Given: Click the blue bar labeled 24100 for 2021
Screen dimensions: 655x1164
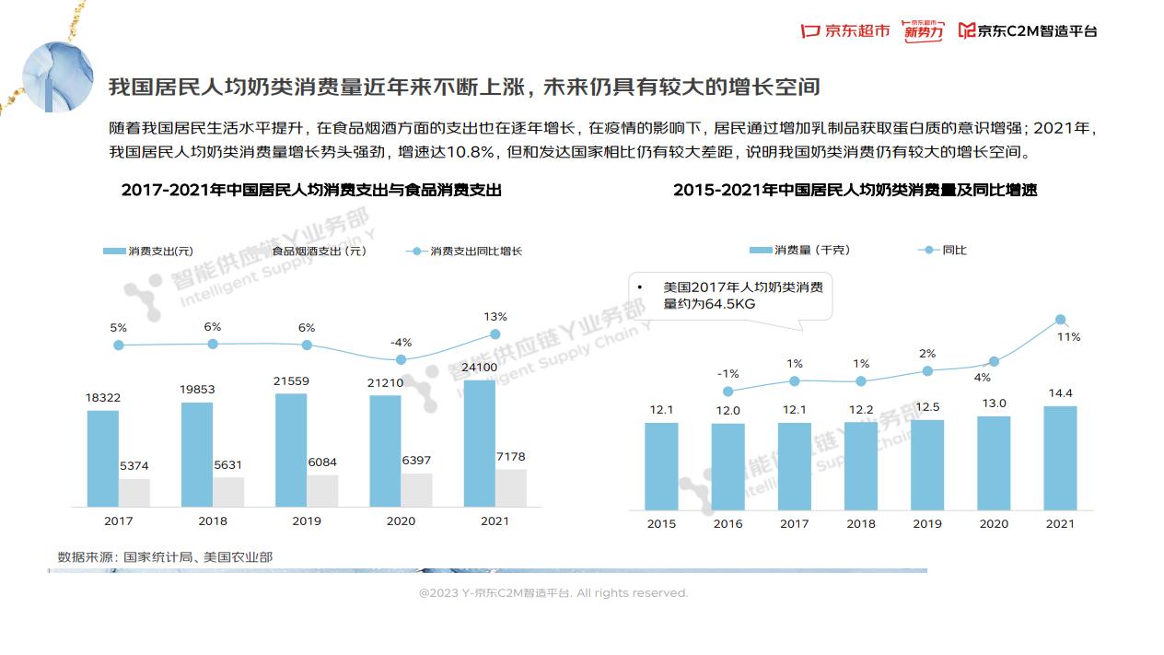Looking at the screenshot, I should pos(480,443).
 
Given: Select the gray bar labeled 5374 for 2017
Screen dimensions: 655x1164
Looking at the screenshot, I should pos(134,492).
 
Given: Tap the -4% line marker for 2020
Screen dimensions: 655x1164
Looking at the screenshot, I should pos(401,359).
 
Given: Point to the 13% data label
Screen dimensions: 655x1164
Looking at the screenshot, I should pos(495,317).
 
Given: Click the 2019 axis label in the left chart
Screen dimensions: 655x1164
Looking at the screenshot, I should pos(307,521).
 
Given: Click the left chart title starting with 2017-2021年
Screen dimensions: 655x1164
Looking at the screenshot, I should pos(311,191).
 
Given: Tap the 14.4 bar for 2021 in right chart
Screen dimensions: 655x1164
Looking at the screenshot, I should pos(1060,458).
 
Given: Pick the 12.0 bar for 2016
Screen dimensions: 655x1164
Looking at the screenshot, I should pos(727,466).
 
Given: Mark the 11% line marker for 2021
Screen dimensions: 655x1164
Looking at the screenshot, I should pos(1060,320).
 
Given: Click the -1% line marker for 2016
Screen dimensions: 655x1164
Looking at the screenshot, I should pos(727,392).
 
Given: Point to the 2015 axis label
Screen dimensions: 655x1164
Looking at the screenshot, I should pos(661,523).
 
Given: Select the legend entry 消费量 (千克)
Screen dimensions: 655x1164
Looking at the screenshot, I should pos(800,250).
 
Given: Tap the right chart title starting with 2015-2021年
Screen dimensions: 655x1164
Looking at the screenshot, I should pos(855,191).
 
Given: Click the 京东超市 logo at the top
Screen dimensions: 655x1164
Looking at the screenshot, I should pos(845,30).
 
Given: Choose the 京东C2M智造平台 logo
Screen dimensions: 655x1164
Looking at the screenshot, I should pos(1028,30).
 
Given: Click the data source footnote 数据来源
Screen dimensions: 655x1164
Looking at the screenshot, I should pos(165,556).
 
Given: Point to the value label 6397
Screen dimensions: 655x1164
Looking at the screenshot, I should pos(416,461).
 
